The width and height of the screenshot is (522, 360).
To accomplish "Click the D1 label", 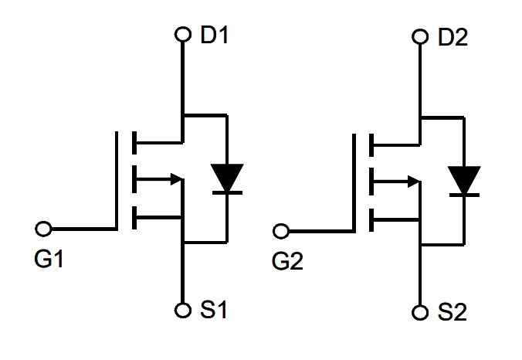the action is tap(215, 35).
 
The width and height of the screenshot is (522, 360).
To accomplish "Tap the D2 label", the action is tap(453, 37).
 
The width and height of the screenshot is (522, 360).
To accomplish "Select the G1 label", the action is tap(49, 259).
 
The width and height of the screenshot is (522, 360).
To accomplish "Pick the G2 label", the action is tap(287, 261).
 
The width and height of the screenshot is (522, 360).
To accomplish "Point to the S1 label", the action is tap(213, 310).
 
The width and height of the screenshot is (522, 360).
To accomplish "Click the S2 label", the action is tap(452, 312).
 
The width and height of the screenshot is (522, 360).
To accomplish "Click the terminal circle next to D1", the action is tap(183, 34).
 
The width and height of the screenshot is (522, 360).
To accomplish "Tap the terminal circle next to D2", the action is tap(420, 36).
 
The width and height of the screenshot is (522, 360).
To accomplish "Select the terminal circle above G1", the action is tap(43, 229).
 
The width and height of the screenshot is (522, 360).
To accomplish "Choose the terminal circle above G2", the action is tap(281, 231).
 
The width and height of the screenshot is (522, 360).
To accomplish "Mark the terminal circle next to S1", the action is tap(183, 311).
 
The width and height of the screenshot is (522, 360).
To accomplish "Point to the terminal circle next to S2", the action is tap(420, 312).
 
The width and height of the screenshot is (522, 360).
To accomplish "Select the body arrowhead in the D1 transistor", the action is tap(176, 179).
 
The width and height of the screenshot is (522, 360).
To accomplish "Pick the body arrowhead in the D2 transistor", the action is tap(414, 182).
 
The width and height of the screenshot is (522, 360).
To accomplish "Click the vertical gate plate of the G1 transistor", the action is tap(117, 181).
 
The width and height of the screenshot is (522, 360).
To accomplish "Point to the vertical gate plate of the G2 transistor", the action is tap(354, 183).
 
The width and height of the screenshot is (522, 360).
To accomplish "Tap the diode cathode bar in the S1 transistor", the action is tap(227, 193).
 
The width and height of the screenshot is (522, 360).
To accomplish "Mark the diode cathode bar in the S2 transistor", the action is tap(464, 195).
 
